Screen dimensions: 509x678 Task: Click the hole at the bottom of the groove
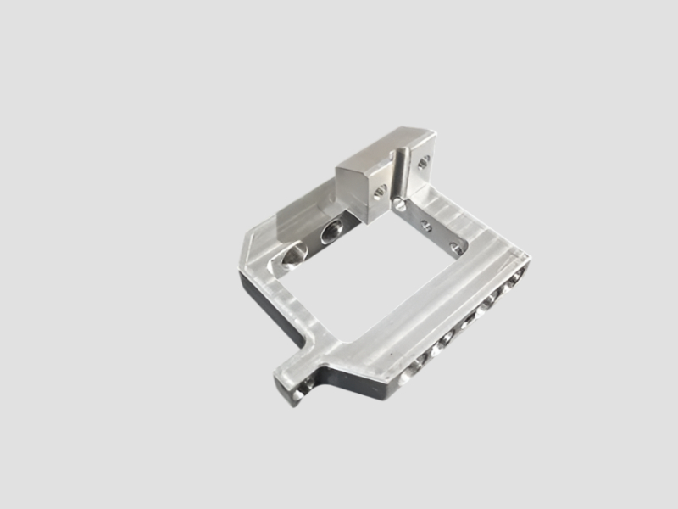(x=399, y=204)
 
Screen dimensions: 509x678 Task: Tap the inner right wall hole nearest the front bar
(x=456, y=249)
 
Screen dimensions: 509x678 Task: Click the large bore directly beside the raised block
(x=332, y=230)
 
